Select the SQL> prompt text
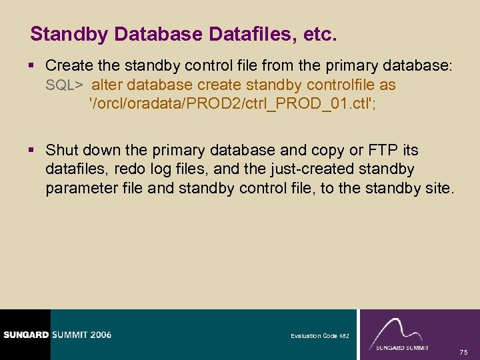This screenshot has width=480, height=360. point(64,85)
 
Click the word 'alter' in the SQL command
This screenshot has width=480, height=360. point(107,85)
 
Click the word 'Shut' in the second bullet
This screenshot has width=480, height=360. point(62,151)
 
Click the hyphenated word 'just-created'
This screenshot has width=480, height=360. point(282,169)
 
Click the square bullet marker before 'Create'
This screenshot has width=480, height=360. point(34,67)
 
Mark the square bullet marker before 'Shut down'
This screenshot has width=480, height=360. point(34,151)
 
